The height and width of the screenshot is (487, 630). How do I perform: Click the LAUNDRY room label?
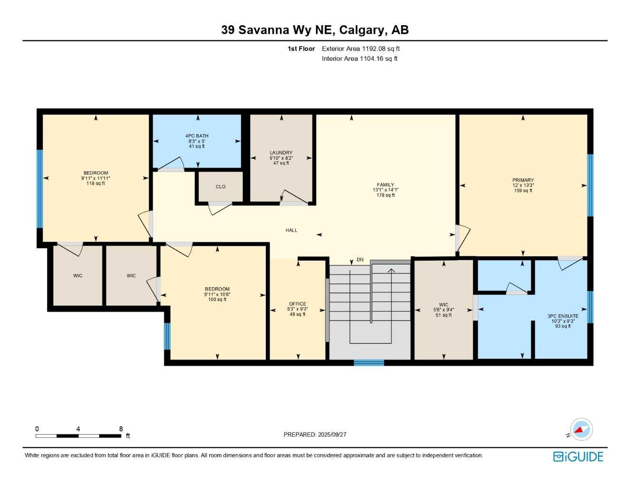click(x=281, y=153)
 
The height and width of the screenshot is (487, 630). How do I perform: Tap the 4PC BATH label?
click(x=197, y=136)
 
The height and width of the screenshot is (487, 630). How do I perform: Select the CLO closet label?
click(x=221, y=187)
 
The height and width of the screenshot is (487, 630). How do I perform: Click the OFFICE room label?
click(x=298, y=304)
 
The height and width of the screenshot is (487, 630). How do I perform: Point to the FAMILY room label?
click(x=386, y=185)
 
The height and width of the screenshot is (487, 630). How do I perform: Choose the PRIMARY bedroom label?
click(x=523, y=180)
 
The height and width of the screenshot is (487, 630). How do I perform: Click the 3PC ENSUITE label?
click(x=563, y=316)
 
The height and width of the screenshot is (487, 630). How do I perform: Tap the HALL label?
click(x=291, y=230)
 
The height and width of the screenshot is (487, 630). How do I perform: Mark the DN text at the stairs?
click(x=360, y=260)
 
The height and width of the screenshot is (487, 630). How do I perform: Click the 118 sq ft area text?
click(x=96, y=184)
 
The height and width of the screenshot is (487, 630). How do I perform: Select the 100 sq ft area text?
click(x=217, y=300)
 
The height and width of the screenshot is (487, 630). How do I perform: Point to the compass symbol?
click(x=581, y=429)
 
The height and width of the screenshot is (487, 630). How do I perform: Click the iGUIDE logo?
click(x=578, y=457)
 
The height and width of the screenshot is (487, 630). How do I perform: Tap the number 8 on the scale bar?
click(x=121, y=429)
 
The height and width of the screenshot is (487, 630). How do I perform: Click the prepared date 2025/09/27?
click(x=332, y=435)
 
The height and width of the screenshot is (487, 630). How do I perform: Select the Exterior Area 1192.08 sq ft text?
click(x=360, y=49)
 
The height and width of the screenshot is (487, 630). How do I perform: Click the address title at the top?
click(x=315, y=30)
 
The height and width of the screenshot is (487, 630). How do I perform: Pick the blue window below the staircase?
click(x=369, y=363)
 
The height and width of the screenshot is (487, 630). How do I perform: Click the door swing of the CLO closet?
click(x=220, y=208)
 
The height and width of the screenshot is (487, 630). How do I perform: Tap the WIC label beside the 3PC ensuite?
click(x=444, y=305)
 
